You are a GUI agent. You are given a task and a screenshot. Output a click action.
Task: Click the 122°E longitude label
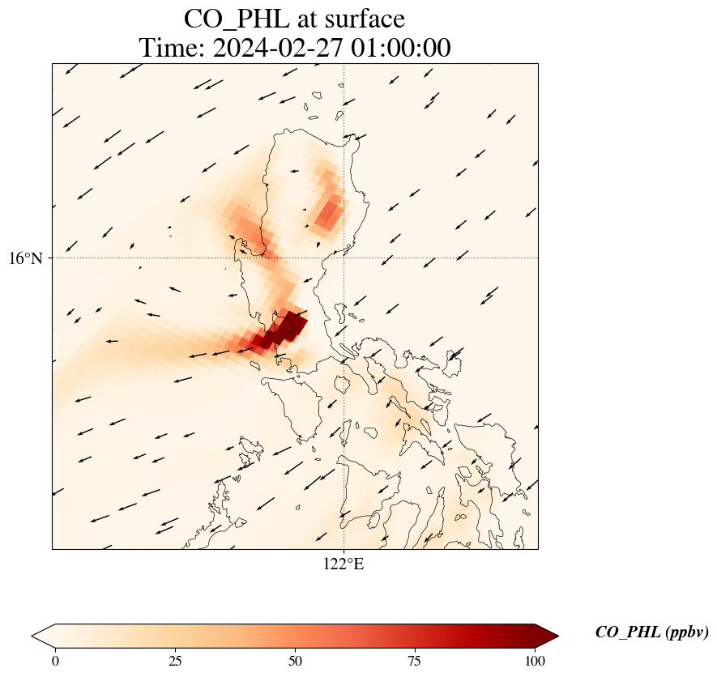pyautogui.click(x=344, y=564)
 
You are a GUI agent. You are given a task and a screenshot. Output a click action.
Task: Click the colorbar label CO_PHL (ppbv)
pyautogui.click(x=651, y=632)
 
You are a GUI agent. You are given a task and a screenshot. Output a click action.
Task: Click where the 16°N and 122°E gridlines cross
pyautogui.click(x=344, y=258)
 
